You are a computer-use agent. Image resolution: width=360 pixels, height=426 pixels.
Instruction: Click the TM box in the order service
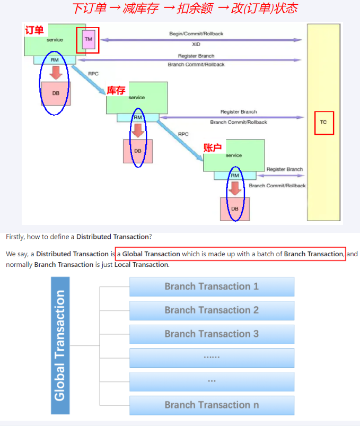click(x=88, y=39)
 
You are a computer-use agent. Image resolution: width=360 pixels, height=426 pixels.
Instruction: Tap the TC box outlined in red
click(x=323, y=122)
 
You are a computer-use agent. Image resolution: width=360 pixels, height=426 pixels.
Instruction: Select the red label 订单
click(x=34, y=31)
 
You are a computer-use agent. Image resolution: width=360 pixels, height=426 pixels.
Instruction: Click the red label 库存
click(x=116, y=91)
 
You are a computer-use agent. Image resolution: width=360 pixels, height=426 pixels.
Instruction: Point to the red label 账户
click(x=213, y=147)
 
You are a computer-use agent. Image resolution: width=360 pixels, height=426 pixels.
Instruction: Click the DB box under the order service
click(x=56, y=93)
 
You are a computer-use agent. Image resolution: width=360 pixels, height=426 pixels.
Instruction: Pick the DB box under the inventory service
click(x=138, y=151)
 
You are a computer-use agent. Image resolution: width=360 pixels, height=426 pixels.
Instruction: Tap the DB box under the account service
click(x=235, y=209)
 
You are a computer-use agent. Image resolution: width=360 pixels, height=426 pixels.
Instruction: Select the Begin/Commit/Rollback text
click(x=196, y=33)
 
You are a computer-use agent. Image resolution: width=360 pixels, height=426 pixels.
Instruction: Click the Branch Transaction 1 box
click(x=212, y=286)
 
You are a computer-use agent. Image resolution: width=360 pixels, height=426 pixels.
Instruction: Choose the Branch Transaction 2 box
click(x=212, y=310)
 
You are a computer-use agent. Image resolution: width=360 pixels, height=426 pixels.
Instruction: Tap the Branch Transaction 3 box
click(x=212, y=334)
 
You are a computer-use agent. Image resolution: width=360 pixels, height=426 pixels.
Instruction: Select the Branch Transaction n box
click(x=212, y=405)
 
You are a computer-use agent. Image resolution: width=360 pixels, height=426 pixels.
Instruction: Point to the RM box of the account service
click(x=235, y=175)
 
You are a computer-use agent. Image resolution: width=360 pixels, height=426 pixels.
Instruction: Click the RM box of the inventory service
click(x=138, y=117)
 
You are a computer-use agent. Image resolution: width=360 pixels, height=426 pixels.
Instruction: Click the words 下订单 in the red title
click(x=88, y=8)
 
